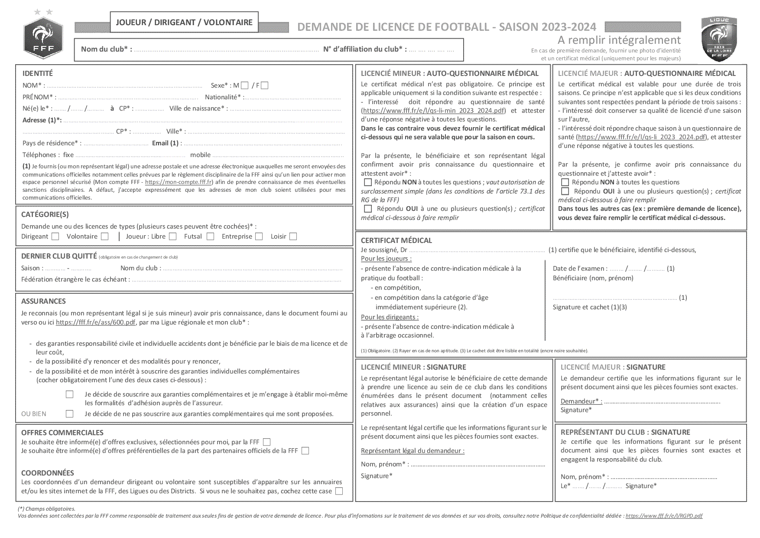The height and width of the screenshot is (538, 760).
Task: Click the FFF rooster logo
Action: [x=43, y=38]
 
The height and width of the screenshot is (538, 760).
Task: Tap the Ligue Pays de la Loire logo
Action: [x=719, y=39]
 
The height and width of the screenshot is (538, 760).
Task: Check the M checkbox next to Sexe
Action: [x=245, y=85]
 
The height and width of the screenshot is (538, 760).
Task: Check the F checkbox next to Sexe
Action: [x=265, y=85]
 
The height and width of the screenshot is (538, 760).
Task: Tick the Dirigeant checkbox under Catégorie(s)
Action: [x=55, y=236]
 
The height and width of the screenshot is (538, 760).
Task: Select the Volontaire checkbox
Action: [x=105, y=236]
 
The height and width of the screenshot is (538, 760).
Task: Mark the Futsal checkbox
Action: [x=211, y=236]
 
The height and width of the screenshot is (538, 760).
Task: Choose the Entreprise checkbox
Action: [x=259, y=236]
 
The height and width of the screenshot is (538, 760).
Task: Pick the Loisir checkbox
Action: [x=293, y=236]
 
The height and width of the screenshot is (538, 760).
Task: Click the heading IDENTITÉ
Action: [x=38, y=73]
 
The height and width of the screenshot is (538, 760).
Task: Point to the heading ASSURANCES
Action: [x=43, y=301]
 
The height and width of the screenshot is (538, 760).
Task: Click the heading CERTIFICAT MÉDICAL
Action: [x=396, y=240]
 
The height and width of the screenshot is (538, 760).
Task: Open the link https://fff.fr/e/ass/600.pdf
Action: [x=95, y=322]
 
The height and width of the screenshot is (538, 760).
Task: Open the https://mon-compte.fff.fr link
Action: [x=179, y=182]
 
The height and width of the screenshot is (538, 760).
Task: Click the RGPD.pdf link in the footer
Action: [x=664, y=516]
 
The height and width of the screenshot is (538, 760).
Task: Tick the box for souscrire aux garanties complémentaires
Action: [x=70, y=394]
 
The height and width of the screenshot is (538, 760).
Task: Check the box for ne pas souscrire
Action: [x=70, y=414]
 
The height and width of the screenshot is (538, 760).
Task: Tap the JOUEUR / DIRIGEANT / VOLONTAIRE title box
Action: [x=184, y=22]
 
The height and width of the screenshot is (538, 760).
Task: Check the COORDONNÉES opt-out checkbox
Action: [x=339, y=491]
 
